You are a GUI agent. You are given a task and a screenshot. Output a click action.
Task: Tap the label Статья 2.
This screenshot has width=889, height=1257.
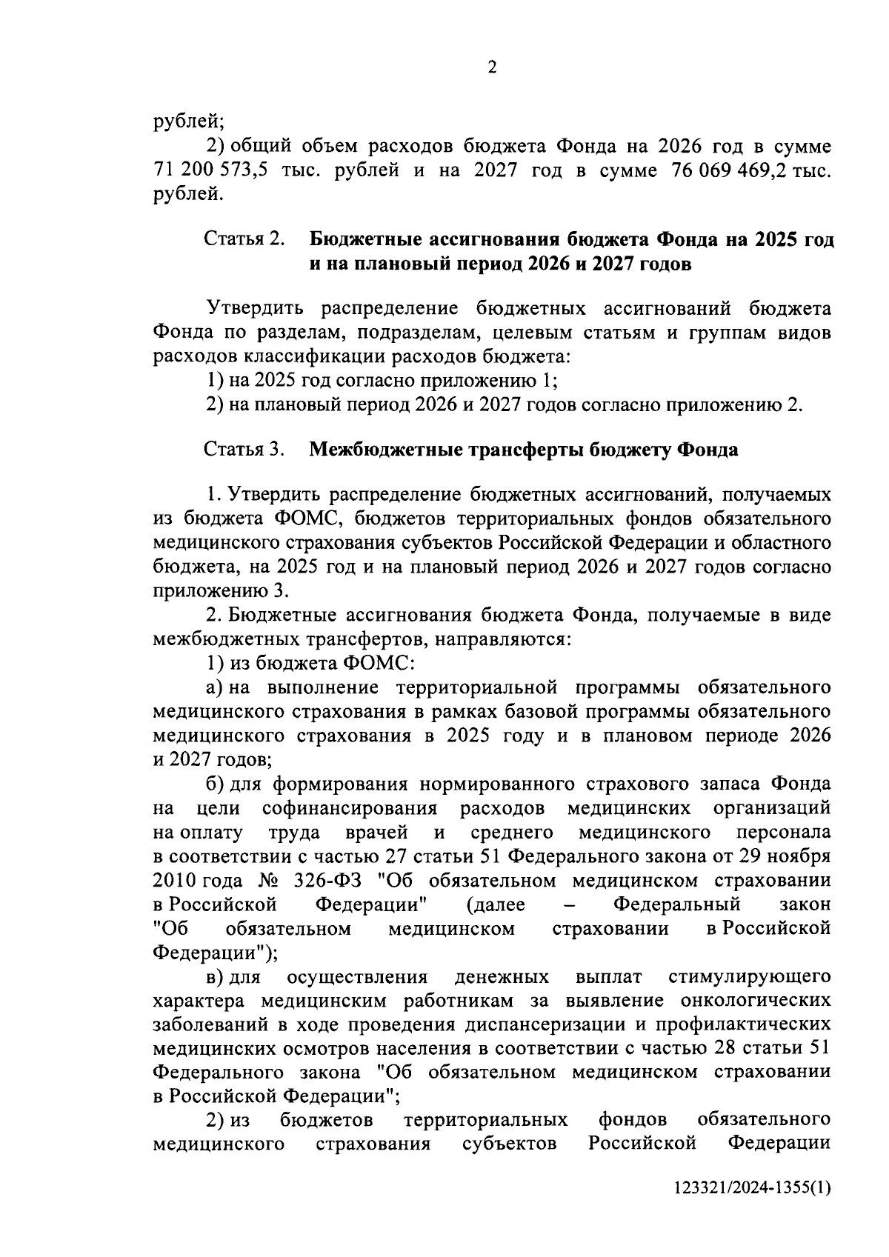pos(244,240)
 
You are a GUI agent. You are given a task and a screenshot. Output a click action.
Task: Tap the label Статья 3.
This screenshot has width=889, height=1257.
pos(244,450)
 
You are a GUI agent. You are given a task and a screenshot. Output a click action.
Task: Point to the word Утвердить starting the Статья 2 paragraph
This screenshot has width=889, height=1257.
pos(253,309)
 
